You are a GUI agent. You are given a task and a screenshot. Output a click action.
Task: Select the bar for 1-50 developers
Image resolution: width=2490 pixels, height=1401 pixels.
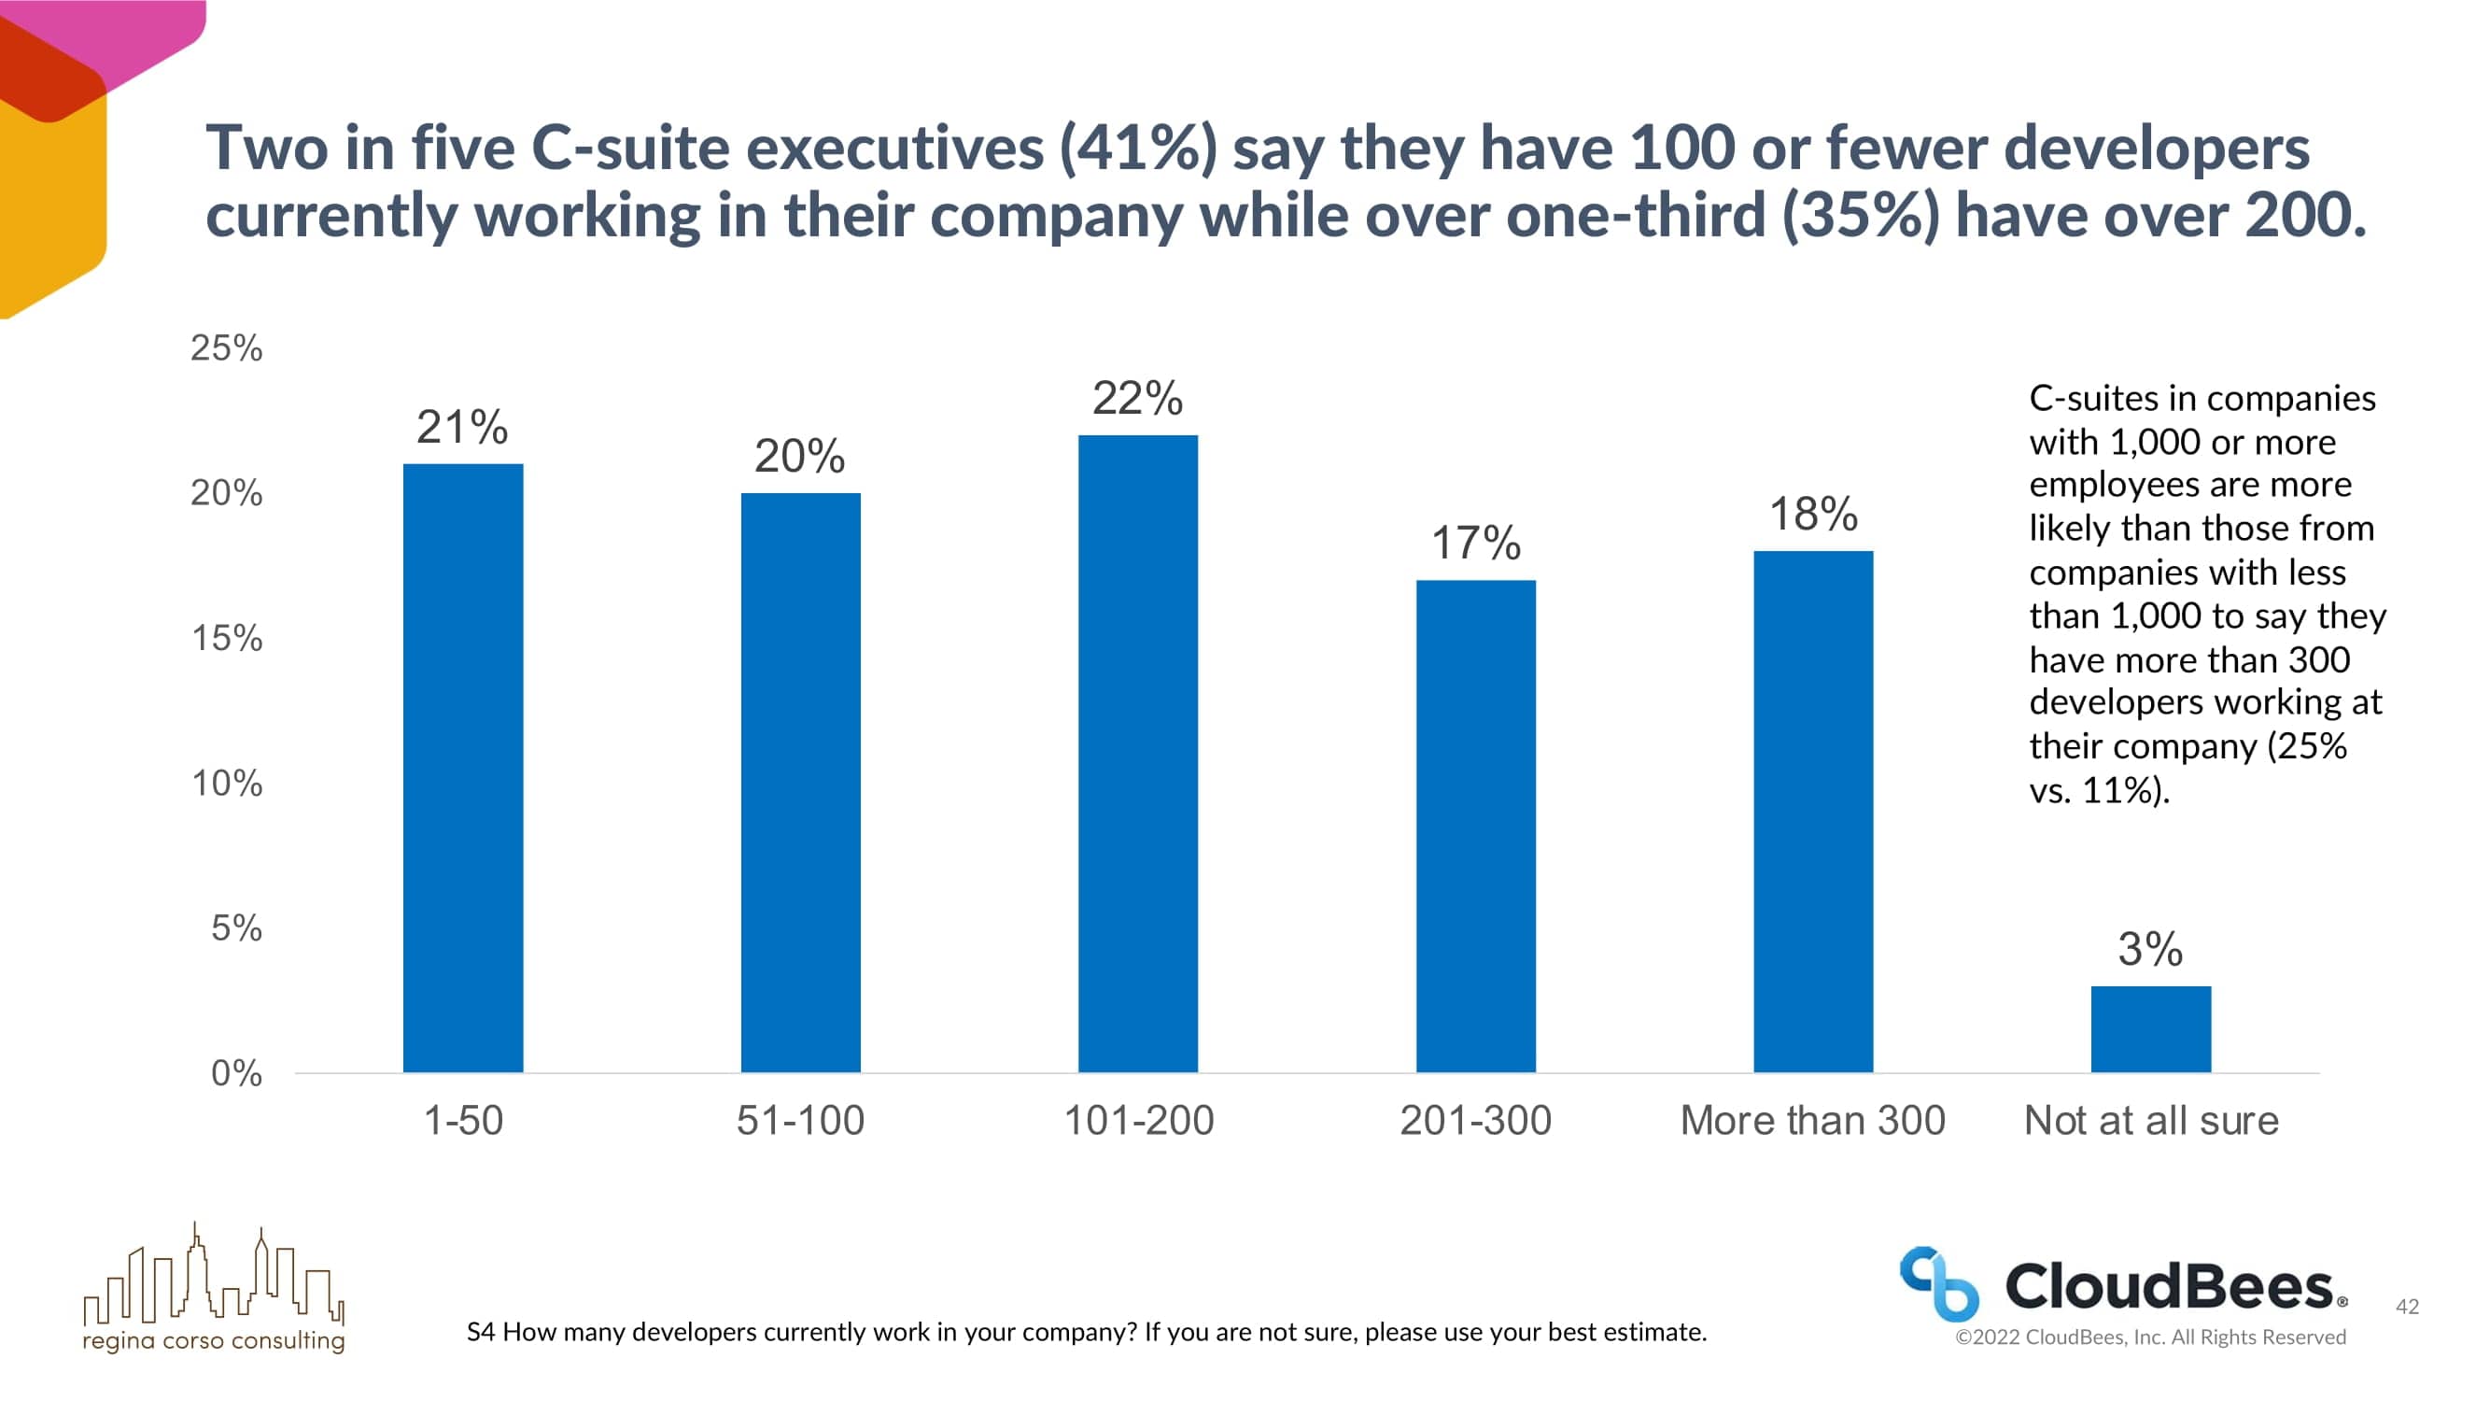(463, 768)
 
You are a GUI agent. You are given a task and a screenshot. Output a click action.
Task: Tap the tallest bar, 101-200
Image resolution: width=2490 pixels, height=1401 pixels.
(1138, 753)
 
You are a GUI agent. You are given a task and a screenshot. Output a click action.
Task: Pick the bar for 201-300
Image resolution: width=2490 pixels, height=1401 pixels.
(1475, 826)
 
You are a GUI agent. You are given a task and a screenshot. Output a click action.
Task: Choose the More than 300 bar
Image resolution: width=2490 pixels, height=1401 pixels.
(1812, 812)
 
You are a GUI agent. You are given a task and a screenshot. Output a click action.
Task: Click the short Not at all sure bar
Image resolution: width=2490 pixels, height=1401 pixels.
(2151, 1028)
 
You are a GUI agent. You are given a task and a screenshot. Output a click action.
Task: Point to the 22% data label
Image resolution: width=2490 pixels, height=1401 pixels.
(1138, 399)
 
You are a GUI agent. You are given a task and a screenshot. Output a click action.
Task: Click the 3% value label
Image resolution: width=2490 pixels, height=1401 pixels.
(2150, 949)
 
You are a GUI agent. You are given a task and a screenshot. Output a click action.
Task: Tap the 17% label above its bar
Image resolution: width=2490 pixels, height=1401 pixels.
(1475, 544)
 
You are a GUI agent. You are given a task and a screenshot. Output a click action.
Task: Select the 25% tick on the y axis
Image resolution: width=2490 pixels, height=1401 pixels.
(226, 348)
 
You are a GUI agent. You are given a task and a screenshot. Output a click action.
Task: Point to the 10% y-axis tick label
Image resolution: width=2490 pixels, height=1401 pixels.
(226, 784)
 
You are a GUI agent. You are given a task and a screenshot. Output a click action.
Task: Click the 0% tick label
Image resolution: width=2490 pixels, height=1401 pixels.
(236, 1073)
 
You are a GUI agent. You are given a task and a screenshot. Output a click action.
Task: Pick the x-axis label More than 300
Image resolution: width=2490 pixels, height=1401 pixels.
(1812, 1121)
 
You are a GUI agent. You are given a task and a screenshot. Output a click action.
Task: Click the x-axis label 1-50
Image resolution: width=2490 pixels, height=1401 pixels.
(463, 1121)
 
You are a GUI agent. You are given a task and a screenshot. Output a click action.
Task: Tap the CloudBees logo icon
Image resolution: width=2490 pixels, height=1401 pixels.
(1938, 1283)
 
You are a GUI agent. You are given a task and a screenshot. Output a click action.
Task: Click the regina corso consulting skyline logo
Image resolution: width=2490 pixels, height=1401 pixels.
(214, 1286)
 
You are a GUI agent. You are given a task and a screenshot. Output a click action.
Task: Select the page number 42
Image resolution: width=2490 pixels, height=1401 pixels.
(2407, 1307)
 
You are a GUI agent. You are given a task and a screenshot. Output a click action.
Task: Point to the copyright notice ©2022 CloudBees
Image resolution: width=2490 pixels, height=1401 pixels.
(2150, 1337)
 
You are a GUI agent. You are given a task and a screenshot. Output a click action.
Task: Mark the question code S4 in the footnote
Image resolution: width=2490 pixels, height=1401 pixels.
(481, 1333)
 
